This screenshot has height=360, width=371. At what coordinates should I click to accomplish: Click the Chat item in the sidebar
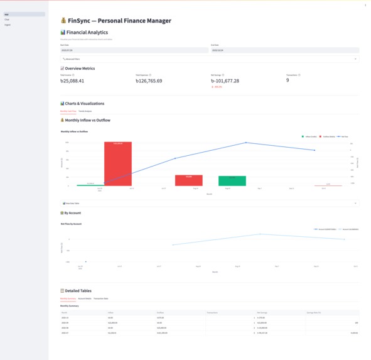pyautogui.click(x=7, y=19)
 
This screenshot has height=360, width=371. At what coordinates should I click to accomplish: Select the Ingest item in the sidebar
pyautogui.click(x=8, y=25)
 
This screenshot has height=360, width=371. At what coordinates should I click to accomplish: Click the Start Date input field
pyautogui.click(x=134, y=50)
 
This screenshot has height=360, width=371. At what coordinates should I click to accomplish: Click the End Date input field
pyautogui.click(x=284, y=50)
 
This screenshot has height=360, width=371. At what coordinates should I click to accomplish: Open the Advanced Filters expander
pyautogui.click(x=209, y=59)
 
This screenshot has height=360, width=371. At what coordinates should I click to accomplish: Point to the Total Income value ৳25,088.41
pyautogui.click(x=72, y=81)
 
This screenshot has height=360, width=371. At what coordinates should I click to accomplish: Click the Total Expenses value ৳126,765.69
pyautogui.click(x=149, y=81)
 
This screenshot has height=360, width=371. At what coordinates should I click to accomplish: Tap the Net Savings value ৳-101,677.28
pyautogui.click(x=225, y=81)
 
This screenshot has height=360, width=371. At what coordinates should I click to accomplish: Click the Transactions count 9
pyautogui.click(x=288, y=80)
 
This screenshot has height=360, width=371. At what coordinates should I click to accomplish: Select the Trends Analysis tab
pyautogui.click(x=85, y=111)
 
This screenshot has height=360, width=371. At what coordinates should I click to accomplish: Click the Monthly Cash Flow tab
pyautogui.click(x=68, y=111)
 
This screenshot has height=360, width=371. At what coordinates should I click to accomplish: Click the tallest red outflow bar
pyautogui.click(x=118, y=164)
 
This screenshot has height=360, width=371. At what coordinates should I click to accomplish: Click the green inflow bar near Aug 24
pyautogui.click(x=232, y=181)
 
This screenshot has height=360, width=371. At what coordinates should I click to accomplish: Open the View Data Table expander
pyautogui.click(x=209, y=204)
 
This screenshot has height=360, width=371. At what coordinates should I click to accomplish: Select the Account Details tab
pyautogui.click(x=85, y=298)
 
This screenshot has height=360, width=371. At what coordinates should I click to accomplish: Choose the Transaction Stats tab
pyautogui.click(x=101, y=298)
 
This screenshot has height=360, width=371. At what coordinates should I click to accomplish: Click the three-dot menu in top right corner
pyautogui.click(x=365, y=5)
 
